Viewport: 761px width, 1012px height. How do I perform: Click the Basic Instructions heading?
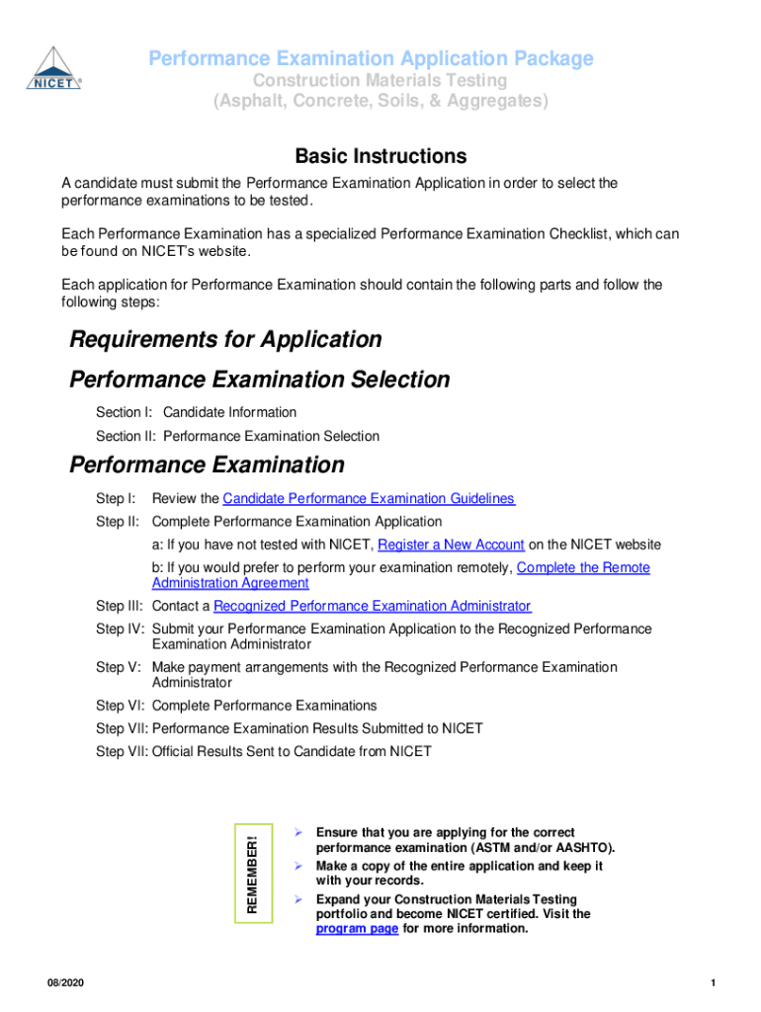click(380, 156)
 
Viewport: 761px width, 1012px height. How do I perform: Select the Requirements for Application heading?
click(225, 340)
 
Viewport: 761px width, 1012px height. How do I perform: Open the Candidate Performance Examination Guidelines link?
click(369, 499)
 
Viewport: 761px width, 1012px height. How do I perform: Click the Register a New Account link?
click(451, 545)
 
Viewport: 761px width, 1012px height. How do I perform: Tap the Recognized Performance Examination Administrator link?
click(372, 606)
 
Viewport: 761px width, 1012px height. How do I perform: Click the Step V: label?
click(117, 667)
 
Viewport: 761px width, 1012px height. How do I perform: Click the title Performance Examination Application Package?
click(371, 59)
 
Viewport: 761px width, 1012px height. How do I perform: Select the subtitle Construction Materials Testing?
click(380, 80)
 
